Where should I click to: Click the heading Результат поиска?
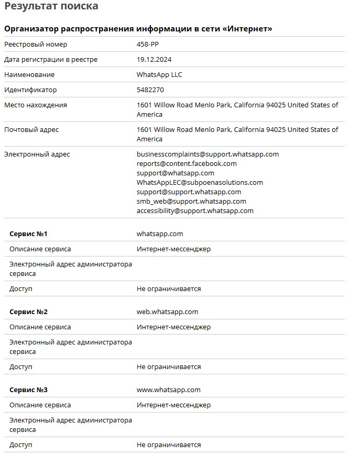click(51, 7)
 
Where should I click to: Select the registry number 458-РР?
click(147, 45)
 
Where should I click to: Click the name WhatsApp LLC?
click(159, 75)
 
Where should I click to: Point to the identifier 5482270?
click(150, 90)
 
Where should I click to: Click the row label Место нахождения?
click(36, 105)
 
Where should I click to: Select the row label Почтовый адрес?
click(31, 130)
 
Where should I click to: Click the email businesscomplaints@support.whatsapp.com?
click(208, 154)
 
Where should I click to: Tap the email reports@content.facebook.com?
click(187, 164)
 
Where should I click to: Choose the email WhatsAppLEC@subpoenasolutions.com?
click(200, 183)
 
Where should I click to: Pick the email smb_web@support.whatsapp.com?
click(191, 202)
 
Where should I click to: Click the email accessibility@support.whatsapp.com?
click(195, 211)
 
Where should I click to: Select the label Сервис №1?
click(28, 234)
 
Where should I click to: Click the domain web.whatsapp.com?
click(167, 312)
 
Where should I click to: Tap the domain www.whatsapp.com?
click(168, 390)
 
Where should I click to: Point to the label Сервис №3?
click(28, 390)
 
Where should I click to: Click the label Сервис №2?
click(28, 312)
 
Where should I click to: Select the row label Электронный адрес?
click(37, 154)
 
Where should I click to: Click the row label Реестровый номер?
click(36, 45)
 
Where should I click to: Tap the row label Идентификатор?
click(30, 90)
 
